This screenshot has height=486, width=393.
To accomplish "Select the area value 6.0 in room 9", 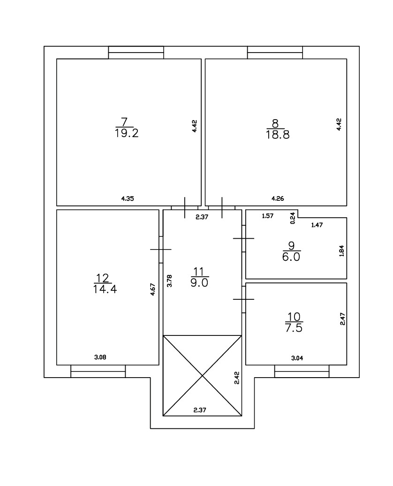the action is click(x=291, y=257).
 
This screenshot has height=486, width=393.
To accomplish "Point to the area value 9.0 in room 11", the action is click(x=200, y=282).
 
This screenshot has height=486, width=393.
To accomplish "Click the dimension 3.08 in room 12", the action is click(x=100, y=357).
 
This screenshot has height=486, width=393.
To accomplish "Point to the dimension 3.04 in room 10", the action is click(x=297, y=358).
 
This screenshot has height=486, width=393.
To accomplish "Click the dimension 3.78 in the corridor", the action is click(x=169, y=281).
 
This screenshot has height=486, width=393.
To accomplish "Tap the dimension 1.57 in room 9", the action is click(x=267, y=216).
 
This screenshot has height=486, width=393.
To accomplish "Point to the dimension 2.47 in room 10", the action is click(x=342, y=320).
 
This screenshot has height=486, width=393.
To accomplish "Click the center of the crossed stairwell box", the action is click(x=202, y=375).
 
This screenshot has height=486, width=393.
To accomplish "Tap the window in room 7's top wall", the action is click(x=136, y=53).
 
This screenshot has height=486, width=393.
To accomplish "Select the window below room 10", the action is click(x=302, y=371).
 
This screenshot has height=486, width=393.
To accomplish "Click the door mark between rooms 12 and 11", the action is click(x=160, y=249).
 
